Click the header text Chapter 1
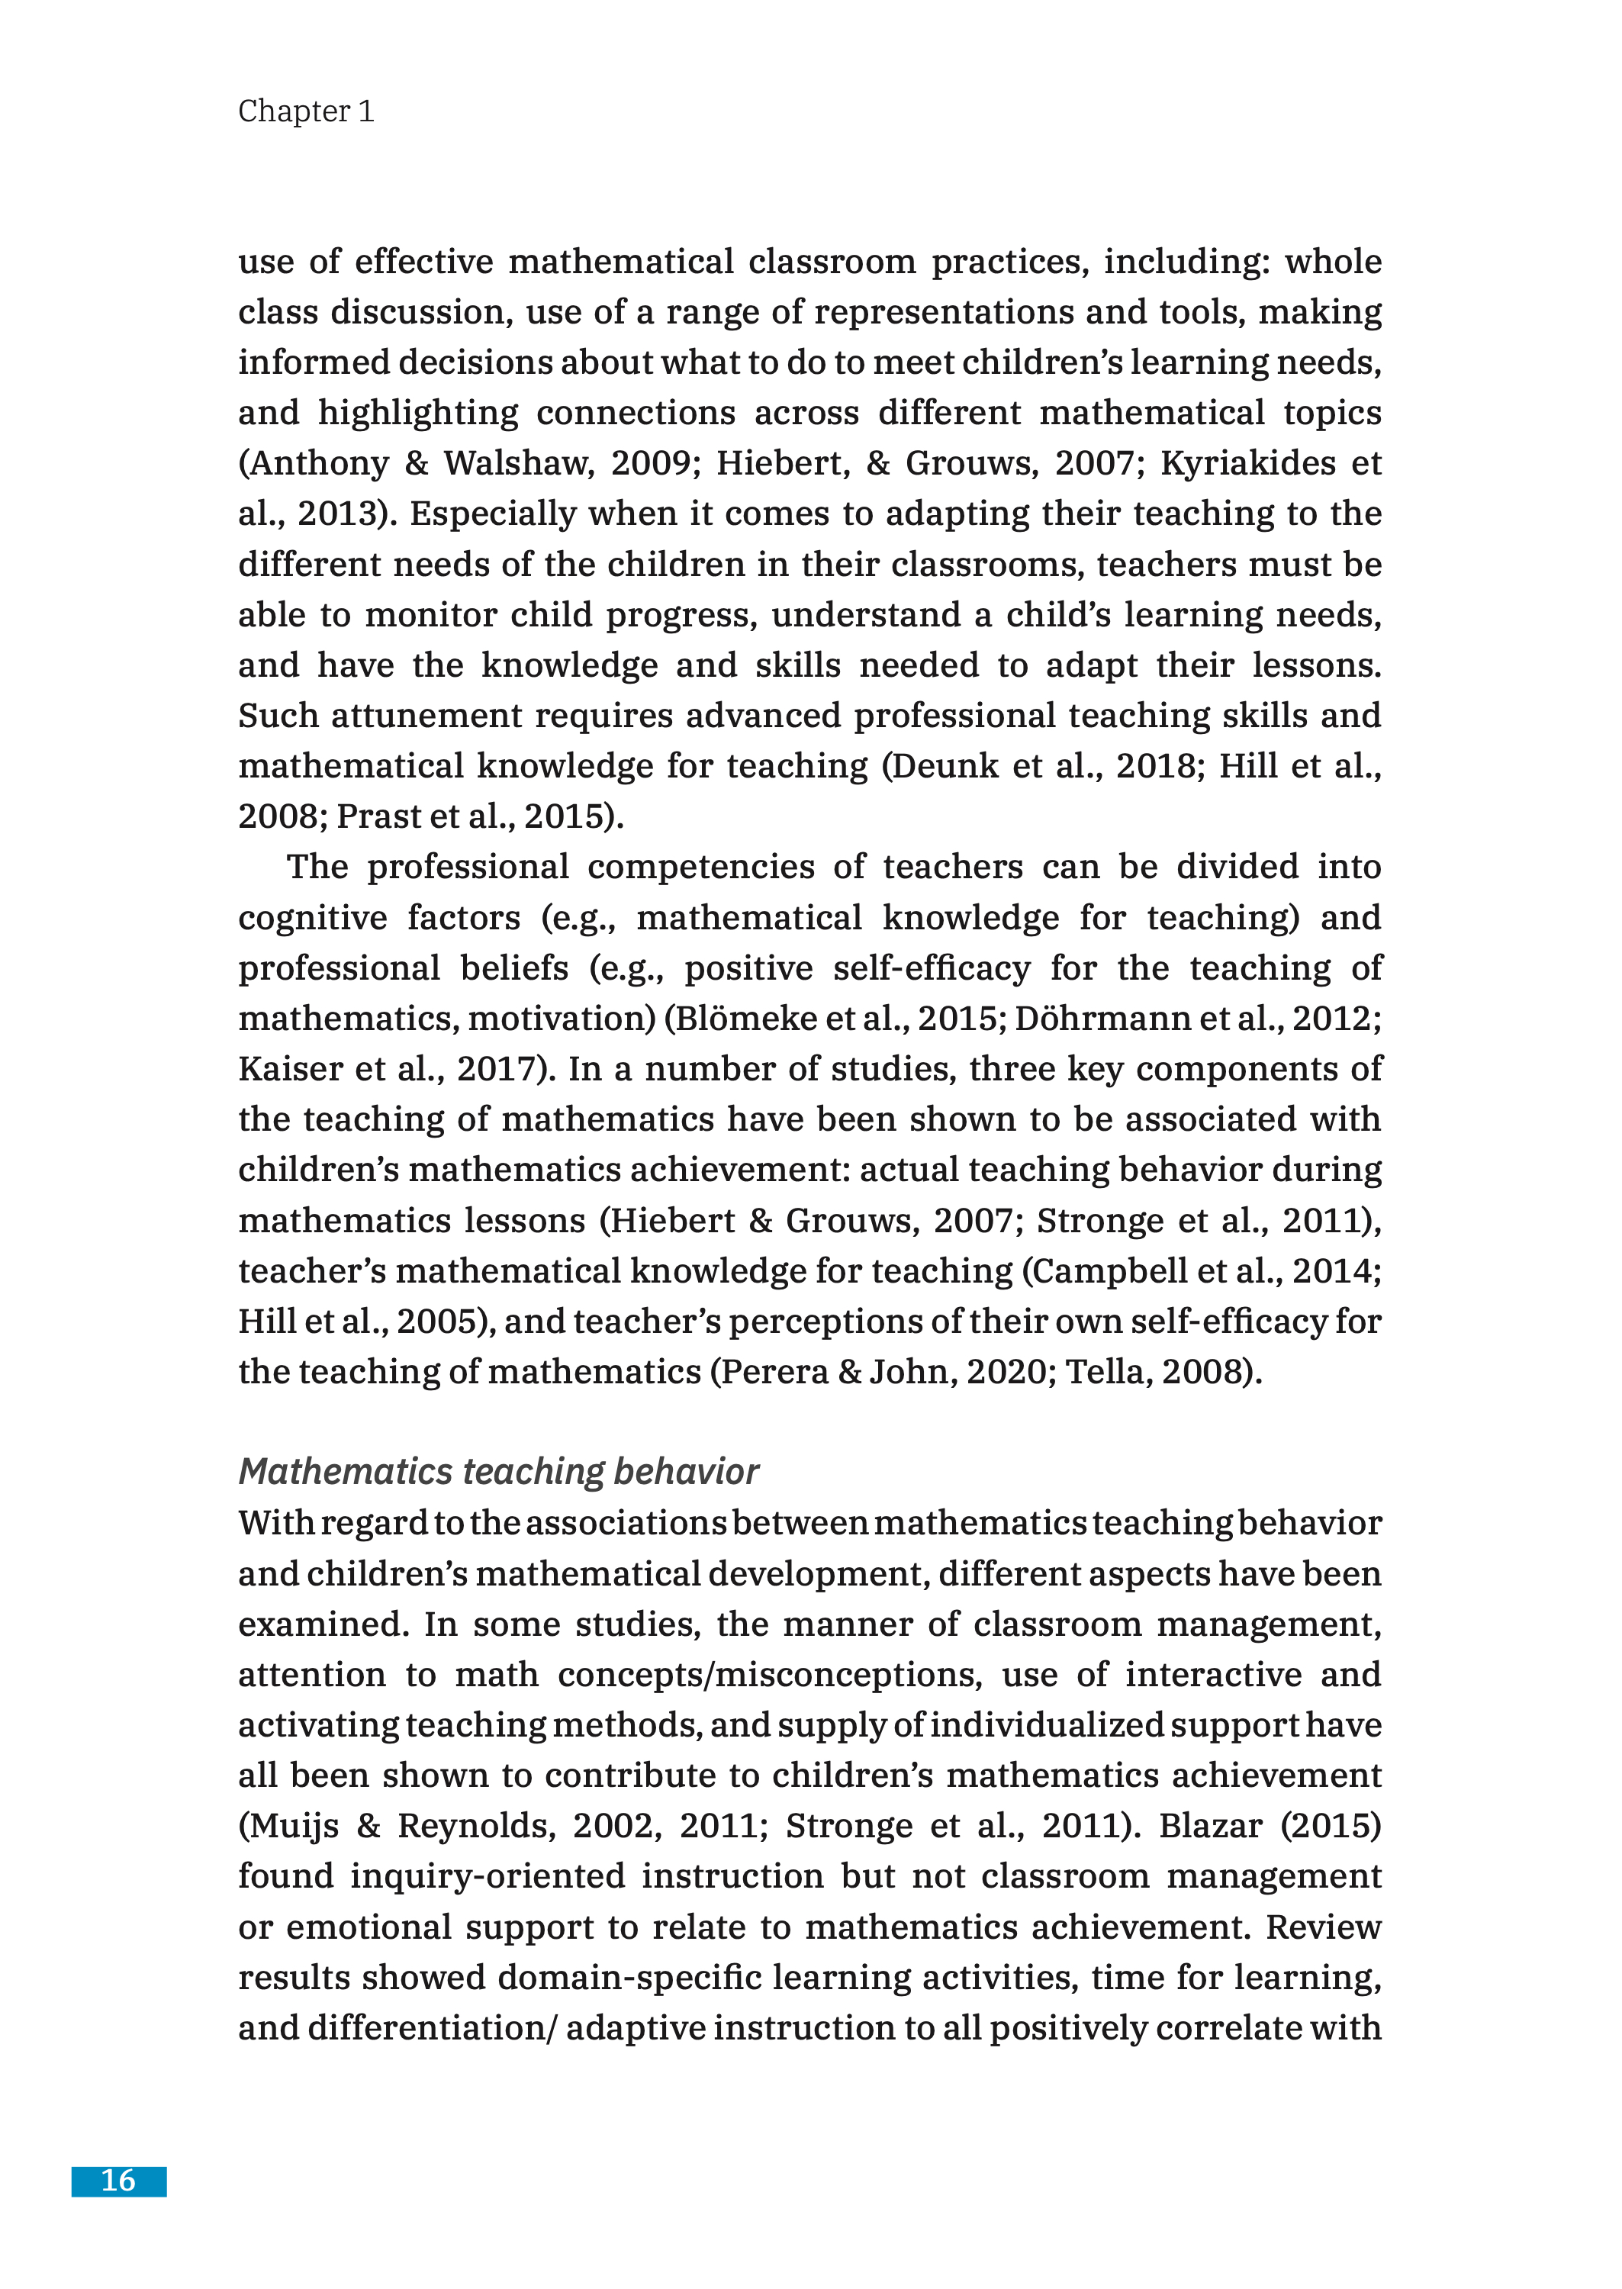click(x=306, y=111)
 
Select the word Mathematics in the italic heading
click(x=346, y=1472)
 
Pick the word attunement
click(x=426, y=716)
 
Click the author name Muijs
click(x=288, y=1827)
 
